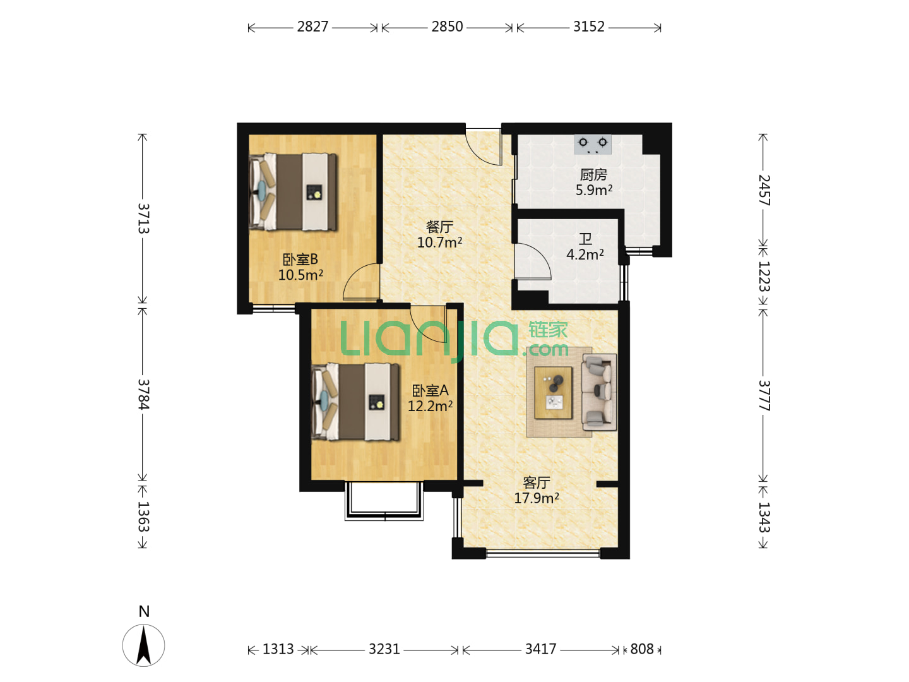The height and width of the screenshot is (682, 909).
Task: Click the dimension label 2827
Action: click(x=312, y=27)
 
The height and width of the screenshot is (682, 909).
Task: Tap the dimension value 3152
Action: click(x=588, y=27)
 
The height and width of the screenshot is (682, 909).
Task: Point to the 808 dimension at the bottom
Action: click(x=641, y=649)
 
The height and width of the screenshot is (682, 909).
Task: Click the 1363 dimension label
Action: click(x=143, y=517)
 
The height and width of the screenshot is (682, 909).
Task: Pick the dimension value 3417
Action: click(x=540, y=649)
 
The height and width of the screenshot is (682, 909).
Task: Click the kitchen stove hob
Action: click(x=593, y=144)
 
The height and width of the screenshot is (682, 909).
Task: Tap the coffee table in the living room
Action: click(x=553, y=393)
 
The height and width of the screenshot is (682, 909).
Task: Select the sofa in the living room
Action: click(x=599, y=392)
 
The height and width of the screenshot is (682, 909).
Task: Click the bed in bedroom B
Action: click(x=293, y=192)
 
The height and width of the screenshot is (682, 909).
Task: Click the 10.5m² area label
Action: click(x=300, y=275)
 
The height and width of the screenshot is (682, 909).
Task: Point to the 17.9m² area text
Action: click(x=537, y=498)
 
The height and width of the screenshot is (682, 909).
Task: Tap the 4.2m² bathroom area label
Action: click(x=585, y=254)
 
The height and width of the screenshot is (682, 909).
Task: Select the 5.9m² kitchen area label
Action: click(x=594, y=190)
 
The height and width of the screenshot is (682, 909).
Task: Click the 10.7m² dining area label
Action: click(x=439, y=242)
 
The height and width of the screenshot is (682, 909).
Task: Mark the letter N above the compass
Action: click(x=144, y=612)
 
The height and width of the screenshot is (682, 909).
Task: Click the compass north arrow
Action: click(x=144, y=645)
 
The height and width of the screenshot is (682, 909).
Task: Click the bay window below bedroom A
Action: click(x=384, y=501)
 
